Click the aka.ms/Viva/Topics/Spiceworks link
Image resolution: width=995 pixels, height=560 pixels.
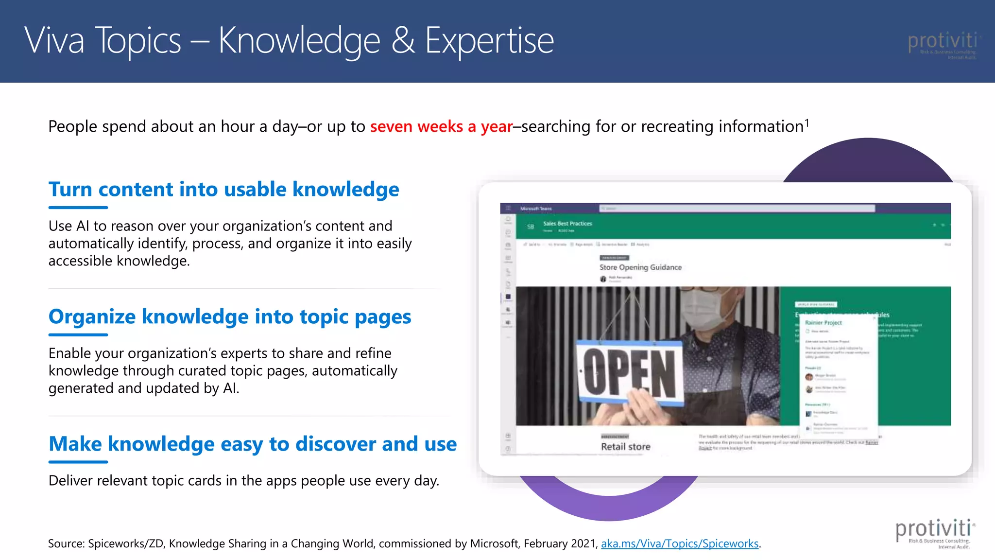tap(679, 543)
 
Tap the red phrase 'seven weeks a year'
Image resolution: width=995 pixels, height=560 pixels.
tap(441, 126)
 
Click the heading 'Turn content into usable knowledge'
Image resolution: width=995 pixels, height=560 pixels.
tap(223, 189)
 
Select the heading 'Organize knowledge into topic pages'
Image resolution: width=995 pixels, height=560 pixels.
tap(230, 316)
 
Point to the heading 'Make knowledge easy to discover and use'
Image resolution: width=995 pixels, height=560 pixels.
tap(253, 444)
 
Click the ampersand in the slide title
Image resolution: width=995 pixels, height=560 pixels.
tap(403, 40)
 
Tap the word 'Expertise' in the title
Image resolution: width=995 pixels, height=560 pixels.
tap(489, 40)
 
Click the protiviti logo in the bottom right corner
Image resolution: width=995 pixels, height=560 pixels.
tap(934, 533)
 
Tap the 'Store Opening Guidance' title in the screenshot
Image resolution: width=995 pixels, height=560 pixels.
tap(640, 267)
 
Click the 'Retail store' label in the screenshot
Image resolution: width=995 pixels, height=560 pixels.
tap(625, 447)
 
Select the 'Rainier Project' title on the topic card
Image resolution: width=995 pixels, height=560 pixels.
tap(823, 323)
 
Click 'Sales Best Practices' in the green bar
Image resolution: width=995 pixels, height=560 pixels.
tap(567, 224)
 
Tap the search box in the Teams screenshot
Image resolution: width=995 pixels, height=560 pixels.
tap(737, 209)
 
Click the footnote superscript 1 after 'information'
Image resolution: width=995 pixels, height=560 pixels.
tap(807, 122)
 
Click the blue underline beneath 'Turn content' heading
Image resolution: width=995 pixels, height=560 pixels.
tap(78, 208)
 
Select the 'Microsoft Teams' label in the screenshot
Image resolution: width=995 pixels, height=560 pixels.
tap(536, 209)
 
